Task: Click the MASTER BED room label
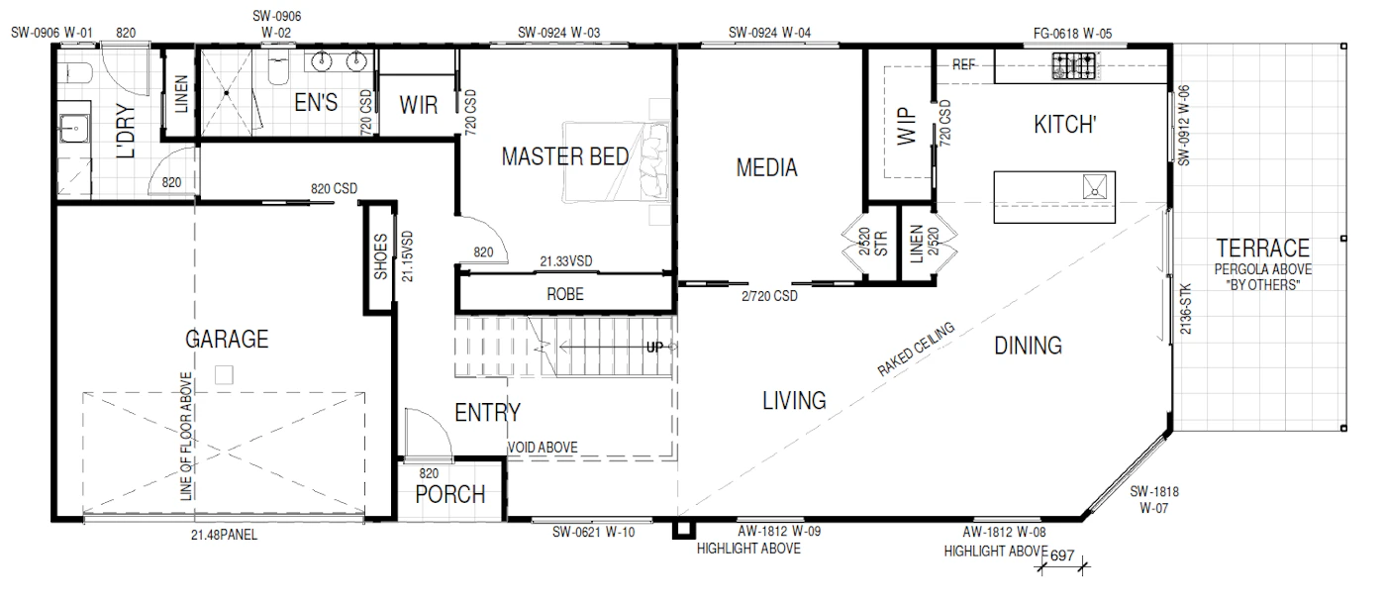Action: point(565,157)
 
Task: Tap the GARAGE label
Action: point(227,339)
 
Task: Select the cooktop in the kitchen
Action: point(1075,65)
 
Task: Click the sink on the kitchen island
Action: point(1095,186)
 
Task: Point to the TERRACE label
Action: point(1263,249)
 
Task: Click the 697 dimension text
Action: point(1062,555)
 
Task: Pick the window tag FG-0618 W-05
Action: point(1072,34)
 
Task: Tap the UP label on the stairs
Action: point(654,348)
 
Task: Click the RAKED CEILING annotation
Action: point(916,349)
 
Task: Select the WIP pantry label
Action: point(907,127)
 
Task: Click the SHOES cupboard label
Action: point(380,256)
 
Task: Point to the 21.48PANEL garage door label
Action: point(224,535)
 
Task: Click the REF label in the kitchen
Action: point(963,64)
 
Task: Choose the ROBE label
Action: point(565,294)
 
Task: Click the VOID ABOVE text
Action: point(543,448)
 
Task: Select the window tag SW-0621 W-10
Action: point(593,533)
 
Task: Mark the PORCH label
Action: point(450,494)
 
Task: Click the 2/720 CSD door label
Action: point(769,296)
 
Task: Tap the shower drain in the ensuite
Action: point(227,93)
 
